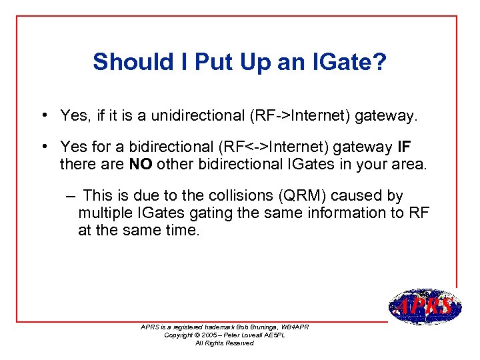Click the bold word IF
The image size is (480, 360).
(x=404, y=146)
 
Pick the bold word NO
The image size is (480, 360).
(x=141, y=163)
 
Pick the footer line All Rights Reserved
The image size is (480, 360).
(x=224, y=343)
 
